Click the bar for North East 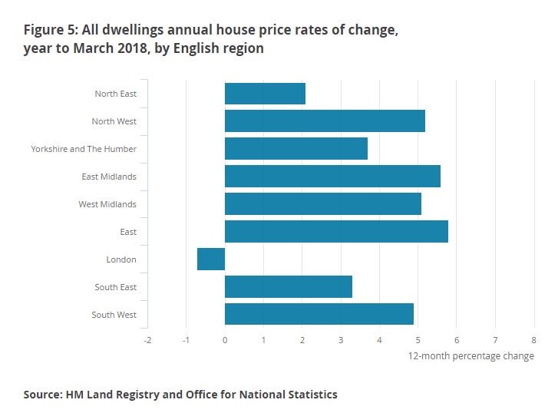[x=265, y=94]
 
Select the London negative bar [x=211, y=259]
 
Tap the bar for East [x=336, y=232]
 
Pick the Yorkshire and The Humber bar [x=296, y=149]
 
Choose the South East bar [x=289, y=287]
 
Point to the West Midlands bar [x=323, y=204]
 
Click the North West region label [x=114, y=121]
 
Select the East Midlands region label [x=109, y=177]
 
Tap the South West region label [x=114, y=315]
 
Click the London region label [x=121, y=259]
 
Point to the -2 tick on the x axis [x=147, y=339]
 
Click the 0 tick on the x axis [x=225, y=339]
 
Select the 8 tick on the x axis [x=533, y=339]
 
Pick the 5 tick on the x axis [x=418, y=339]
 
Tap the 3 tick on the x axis [x=341, y=339]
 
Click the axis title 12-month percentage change [x=471, y=356]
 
